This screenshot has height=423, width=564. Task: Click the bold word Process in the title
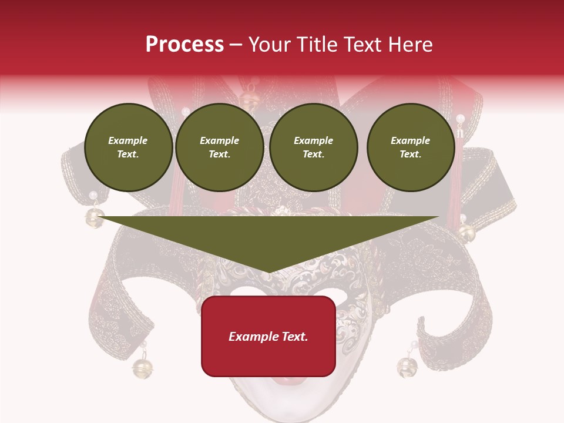(184, 45)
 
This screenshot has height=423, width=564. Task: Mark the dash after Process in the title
(236, 45)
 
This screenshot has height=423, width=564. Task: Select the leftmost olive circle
(128, 147)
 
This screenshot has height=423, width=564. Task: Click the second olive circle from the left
(219, 147)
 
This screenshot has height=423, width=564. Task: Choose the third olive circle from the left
(313, 147)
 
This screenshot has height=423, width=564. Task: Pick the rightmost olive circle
(410, 147)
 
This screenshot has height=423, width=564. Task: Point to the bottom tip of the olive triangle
(268, 273)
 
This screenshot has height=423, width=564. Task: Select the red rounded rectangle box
(268, 336)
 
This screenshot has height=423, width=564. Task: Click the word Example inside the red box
(249, 337)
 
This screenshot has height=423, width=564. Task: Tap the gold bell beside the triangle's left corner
(94, 218)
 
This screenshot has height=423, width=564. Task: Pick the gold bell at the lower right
(407, 367)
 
